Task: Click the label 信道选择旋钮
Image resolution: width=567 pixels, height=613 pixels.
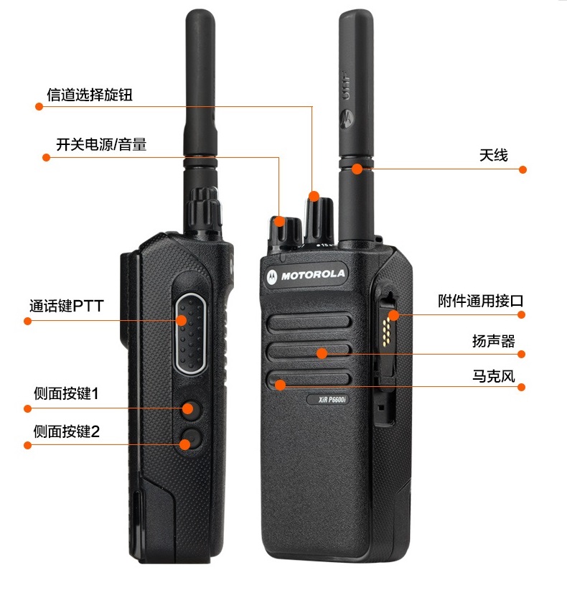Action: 90,95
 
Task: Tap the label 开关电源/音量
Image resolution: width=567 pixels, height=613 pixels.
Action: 101,145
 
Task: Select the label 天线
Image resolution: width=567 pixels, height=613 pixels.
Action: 494,155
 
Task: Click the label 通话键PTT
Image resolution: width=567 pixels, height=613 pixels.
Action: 67,306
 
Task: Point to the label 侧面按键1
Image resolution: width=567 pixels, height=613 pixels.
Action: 66,393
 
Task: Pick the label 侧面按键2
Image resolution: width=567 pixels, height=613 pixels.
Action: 67,431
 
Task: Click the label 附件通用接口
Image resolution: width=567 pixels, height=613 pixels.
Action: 481,301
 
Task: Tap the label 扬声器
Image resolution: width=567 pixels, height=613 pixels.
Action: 494,341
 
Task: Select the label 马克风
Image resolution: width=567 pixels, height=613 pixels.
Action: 494,376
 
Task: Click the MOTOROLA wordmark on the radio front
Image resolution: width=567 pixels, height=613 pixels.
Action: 313,274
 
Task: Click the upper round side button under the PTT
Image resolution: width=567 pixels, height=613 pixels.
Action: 191,410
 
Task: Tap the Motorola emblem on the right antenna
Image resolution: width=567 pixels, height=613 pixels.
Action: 347,118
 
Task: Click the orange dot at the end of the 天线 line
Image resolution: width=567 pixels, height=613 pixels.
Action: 523,169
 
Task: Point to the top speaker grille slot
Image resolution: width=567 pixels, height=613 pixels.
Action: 309,323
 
